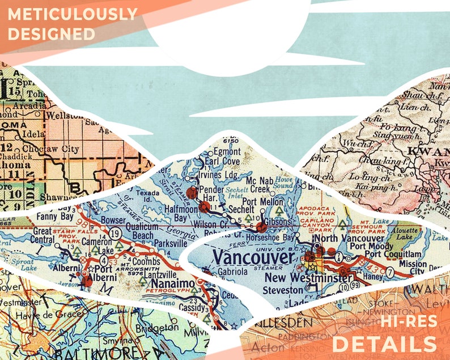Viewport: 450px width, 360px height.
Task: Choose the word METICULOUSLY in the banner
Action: click(73, 13)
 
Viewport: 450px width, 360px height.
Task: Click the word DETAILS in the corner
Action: click(385, 344)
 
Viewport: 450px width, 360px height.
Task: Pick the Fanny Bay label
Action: click(53, 216)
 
